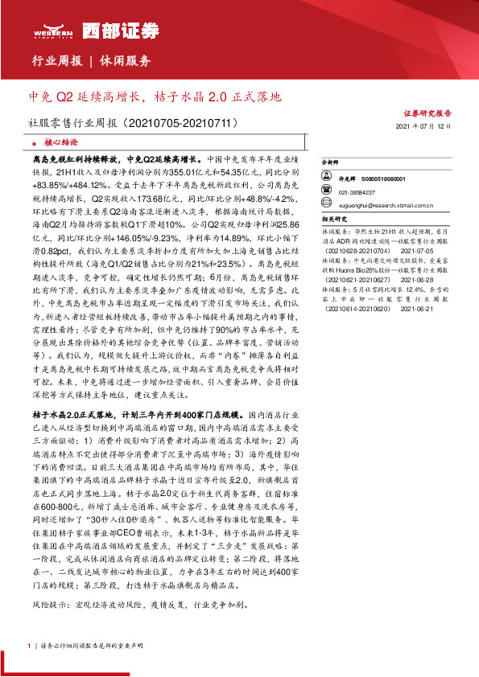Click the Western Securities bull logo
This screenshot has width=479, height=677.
[x=44, y=30]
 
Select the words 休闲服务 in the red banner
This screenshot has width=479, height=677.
[x=125, y=61]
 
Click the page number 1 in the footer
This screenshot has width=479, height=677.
[x=28, y=645]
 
